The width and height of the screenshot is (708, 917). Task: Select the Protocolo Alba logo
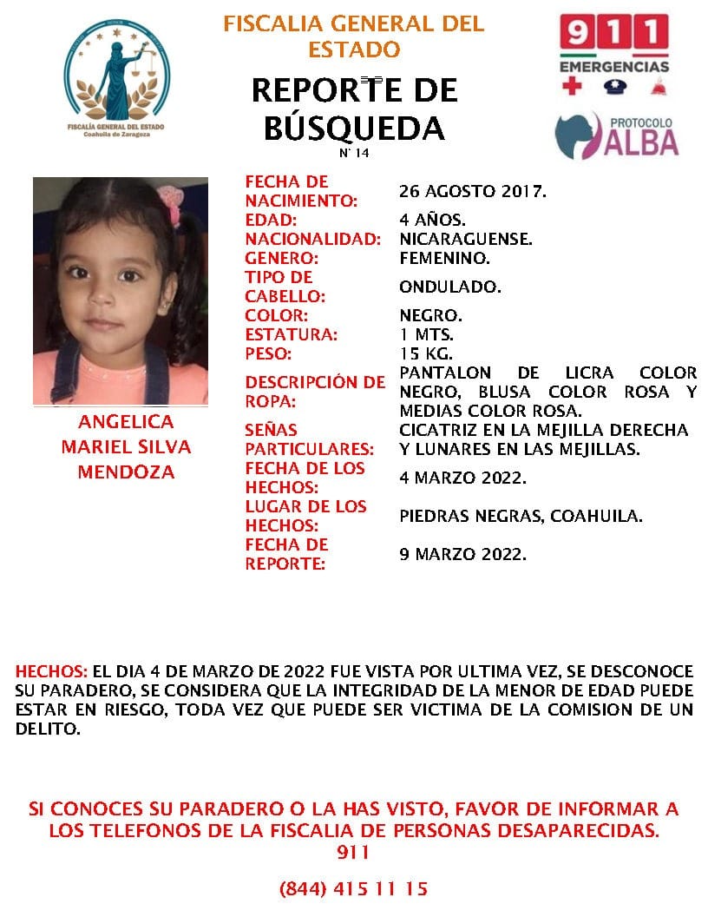(x=616, y=135)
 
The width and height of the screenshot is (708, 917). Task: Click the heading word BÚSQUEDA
(x=353, y=128)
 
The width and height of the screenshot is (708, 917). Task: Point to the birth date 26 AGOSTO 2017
(x=473, y=191)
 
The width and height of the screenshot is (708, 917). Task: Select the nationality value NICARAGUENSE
(x=466, y=239)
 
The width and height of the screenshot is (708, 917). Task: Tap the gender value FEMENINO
(x=444, y=258)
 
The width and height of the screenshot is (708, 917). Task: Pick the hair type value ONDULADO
(x=449, y=287)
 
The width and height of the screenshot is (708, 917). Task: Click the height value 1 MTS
(x=427, y=334)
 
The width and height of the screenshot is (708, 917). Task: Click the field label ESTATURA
(x=291, y=334)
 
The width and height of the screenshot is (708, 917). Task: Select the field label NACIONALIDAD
(x=312, y=239)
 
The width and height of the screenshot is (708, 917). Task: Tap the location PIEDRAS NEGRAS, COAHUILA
(x=521, y=516)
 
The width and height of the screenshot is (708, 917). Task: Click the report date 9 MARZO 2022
(x=462, y=554)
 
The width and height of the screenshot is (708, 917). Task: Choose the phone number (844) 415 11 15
(x=353, y=889)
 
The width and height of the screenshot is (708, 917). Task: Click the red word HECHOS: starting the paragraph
(x=51, y=672)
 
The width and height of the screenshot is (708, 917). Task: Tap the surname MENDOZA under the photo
(x=126, y=472)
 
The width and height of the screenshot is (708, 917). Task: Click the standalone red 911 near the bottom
(x=353, y=853)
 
